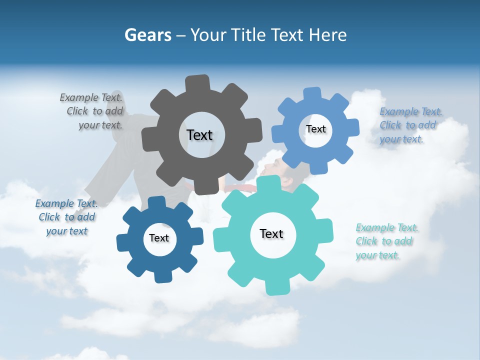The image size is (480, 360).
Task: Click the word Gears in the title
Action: click(148, 35)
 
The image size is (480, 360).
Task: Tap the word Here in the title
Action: click(327, 35)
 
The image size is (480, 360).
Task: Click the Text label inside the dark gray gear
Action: click(199, 135)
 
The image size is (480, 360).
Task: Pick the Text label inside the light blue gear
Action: click(315, 129)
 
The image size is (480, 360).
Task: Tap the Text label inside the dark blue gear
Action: click(159, 238)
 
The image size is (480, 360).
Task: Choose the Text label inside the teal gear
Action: click(271, 233)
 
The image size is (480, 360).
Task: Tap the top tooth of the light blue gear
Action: click(312, 94)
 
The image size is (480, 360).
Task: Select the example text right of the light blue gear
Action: click(410, 125)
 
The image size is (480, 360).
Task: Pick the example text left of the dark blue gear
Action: click(66, 217)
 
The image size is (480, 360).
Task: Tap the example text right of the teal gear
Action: click(386, 241)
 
